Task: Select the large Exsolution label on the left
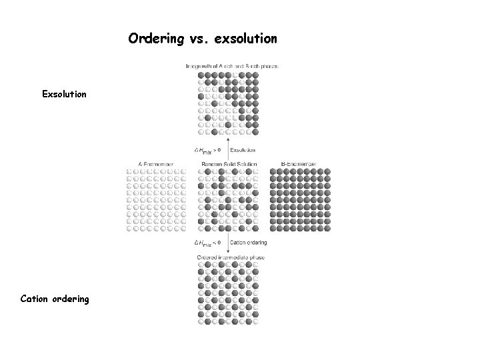point(64,94)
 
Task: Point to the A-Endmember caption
point(156,164)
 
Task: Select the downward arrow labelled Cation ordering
point(229,243)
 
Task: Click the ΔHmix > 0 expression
point(207,150)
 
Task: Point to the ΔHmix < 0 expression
point(207,243)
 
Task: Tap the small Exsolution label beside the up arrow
point(247,150)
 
